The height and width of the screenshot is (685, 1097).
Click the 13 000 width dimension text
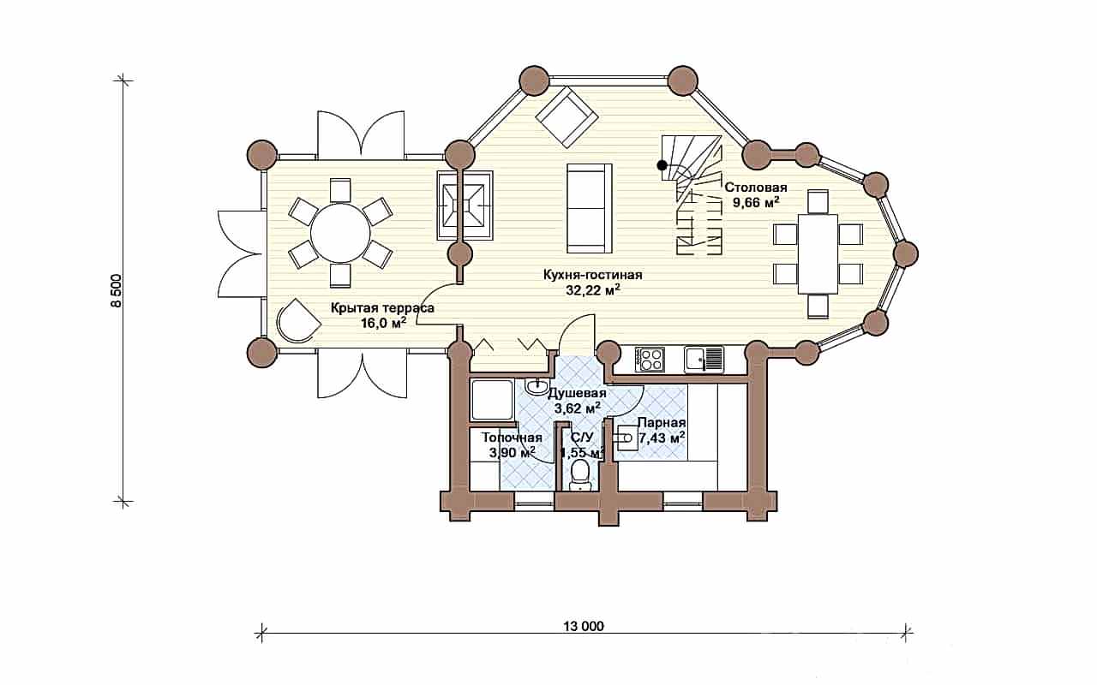[x=584, y=626]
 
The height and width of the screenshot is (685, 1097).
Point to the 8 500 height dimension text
[x=116, y=290]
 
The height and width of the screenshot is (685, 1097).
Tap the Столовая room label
[x=756, y=188]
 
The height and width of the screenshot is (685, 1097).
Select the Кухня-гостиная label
[x=592, y=275]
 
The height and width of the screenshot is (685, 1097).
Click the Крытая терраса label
[x=382, y=308]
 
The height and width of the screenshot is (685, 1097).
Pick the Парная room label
[x=661, y=423]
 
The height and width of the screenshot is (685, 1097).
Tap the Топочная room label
[x=512, y=438]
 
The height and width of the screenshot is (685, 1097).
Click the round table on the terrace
[x=340, y=234]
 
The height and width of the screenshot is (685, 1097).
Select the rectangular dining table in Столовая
[x=818, y=253]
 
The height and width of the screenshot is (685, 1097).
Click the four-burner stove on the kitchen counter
[x=650, y=359]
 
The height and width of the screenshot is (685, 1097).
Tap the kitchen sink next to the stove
[x=704, y=359]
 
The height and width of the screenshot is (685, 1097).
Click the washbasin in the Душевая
[x=537, y=387]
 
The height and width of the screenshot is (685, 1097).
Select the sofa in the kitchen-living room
[x=589, y=208]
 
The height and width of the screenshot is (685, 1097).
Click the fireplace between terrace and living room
[x=465, y=205]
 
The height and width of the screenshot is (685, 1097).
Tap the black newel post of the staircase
[x=662, y=165]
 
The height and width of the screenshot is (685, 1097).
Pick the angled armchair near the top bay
[x=566, y=117]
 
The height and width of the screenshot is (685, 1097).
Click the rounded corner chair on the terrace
[x=297, y=320]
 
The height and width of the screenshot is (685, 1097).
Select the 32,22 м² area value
[x=593, y=290]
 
